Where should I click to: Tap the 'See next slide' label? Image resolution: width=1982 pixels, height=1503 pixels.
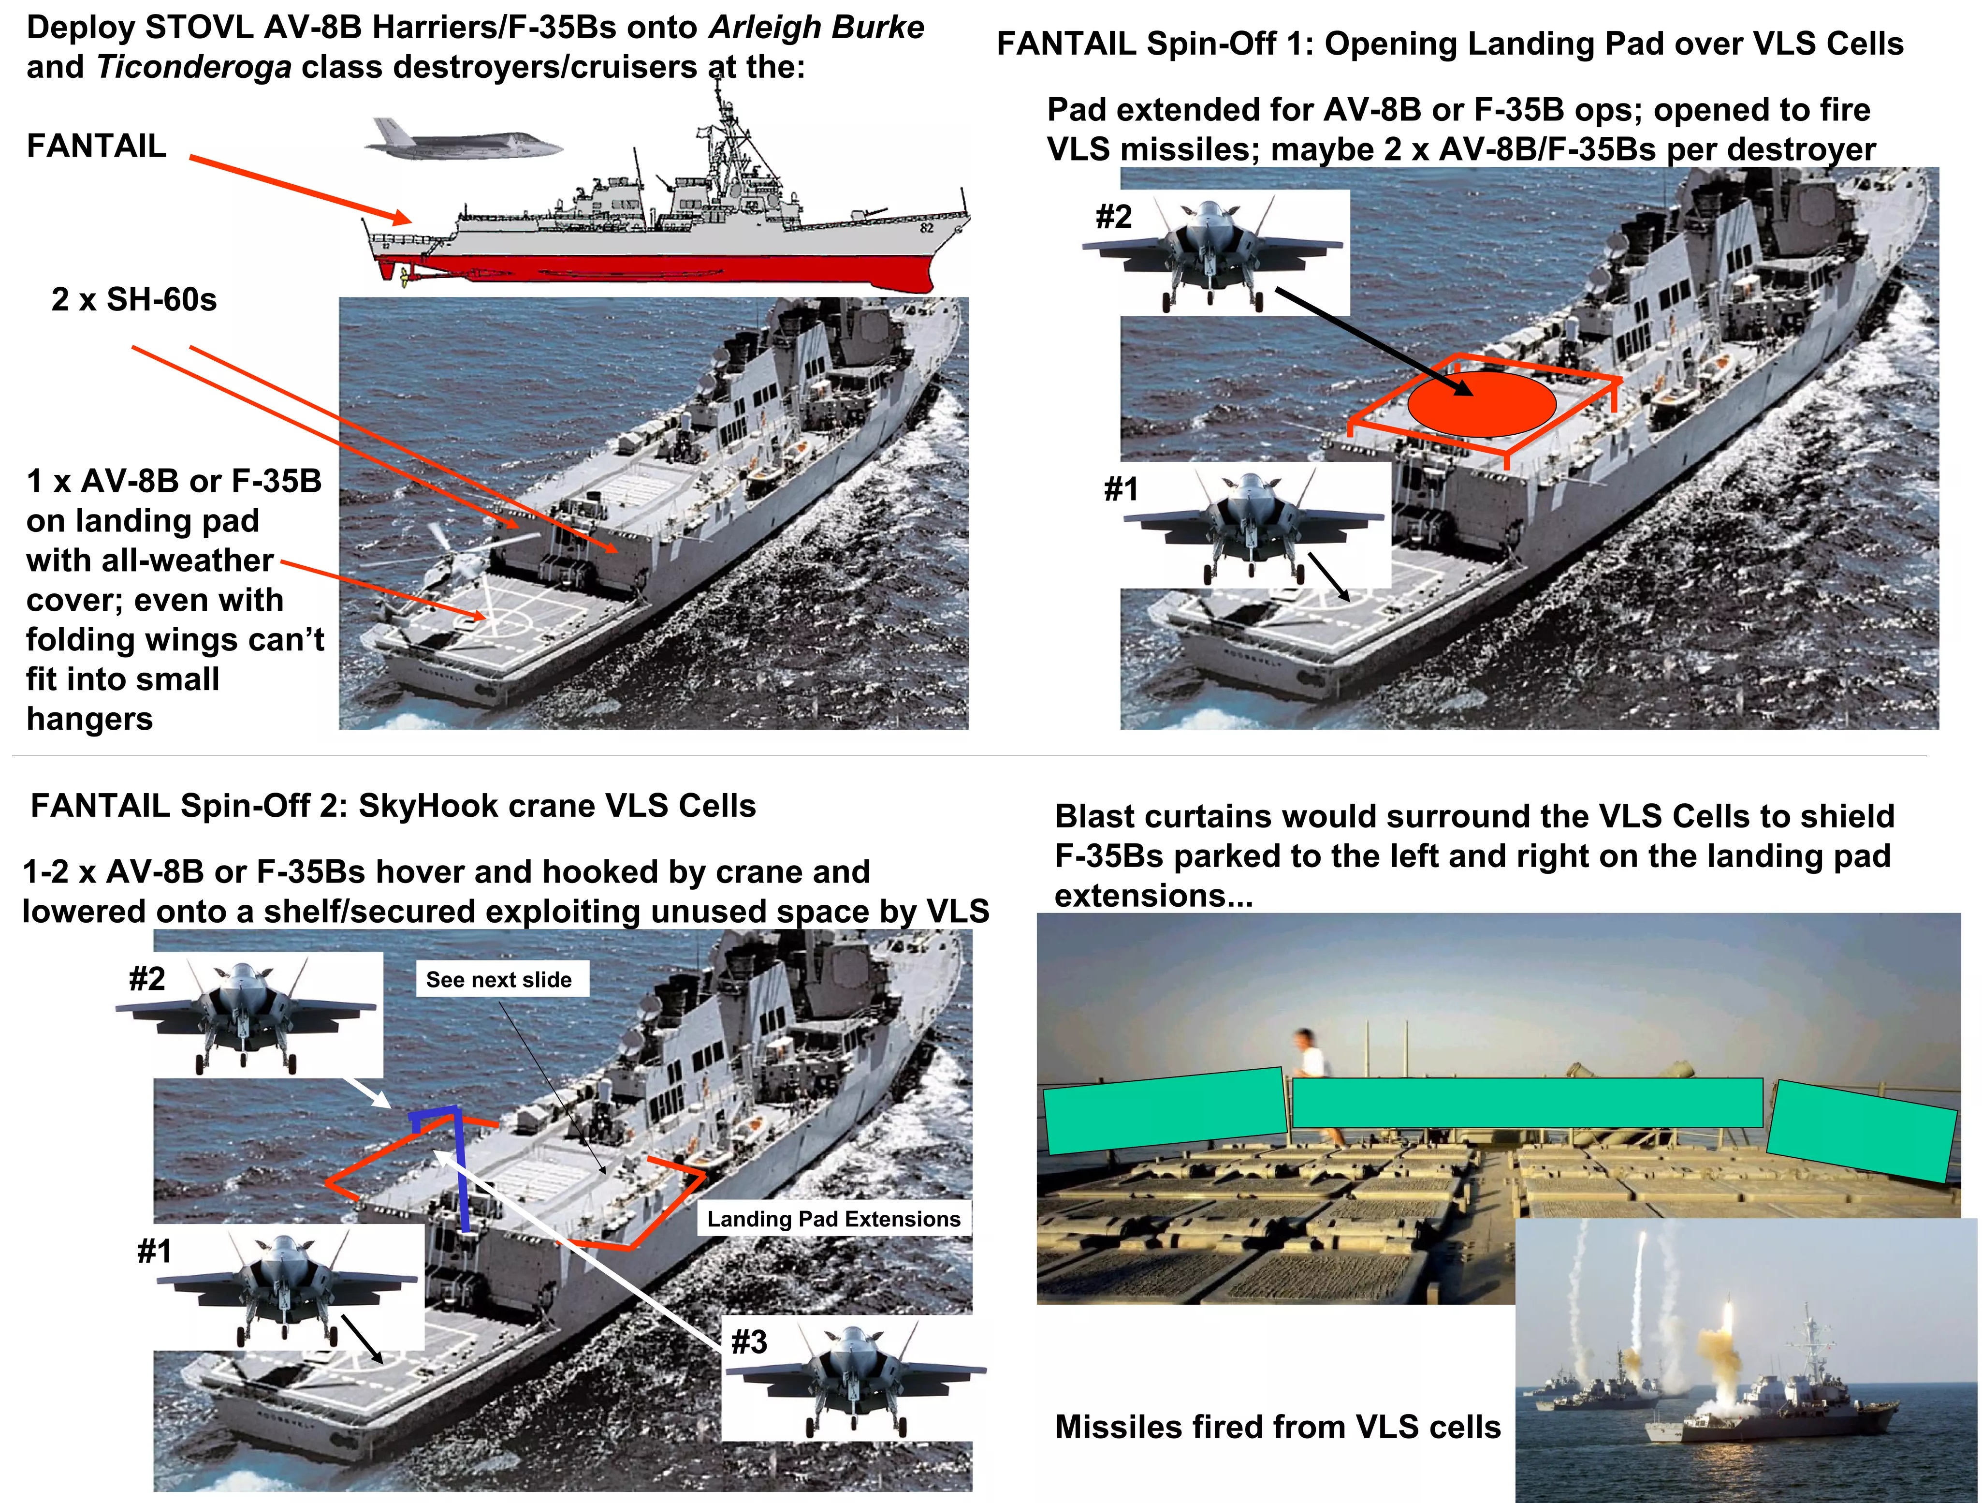[x=499, y=980]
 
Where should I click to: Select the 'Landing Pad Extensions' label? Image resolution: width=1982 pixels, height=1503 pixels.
[x=833, y=1219]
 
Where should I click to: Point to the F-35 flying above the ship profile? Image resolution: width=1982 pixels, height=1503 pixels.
[x=462, y=139]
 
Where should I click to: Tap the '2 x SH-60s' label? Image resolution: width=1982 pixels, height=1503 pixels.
[x=134, y=299]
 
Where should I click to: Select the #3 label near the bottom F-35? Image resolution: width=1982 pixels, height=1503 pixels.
[x=749, y=1341]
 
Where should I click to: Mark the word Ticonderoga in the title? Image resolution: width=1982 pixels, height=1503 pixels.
[x=193, y=67]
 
